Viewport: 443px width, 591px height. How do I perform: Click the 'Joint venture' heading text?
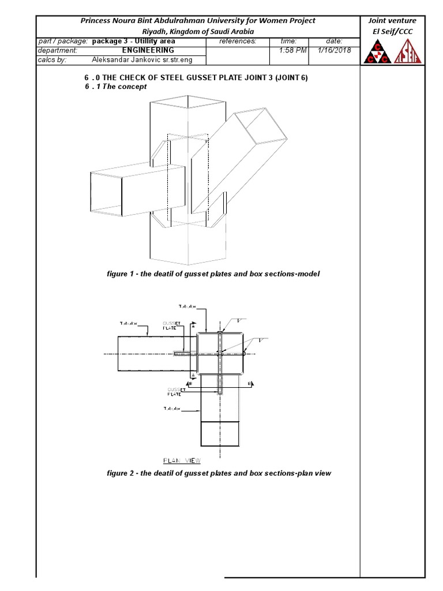pos(392,21)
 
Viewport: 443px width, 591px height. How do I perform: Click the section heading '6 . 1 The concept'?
pos(115,87)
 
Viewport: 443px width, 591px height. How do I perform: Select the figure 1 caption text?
pos(213,274)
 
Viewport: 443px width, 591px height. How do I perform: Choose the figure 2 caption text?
pos(219,473)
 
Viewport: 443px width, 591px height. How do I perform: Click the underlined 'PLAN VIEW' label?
pos(182,460)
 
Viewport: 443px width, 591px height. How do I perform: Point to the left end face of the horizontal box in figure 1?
pos(107,192)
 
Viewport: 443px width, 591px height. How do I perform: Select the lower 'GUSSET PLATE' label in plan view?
pos(175,392)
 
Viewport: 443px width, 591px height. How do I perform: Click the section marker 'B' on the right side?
pos(249,383)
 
